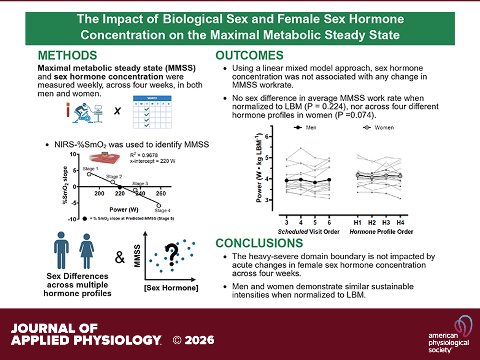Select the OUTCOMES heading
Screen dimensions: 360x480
(250, 55)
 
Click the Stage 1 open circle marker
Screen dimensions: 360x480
(89, 174)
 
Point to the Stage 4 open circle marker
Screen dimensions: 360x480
(159, 205)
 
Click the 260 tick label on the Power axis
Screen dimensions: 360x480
(160, 193)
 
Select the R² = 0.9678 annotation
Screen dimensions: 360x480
(147, 155)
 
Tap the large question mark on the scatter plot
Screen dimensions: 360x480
(170, 254)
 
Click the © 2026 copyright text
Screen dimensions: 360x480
(193, 340)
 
